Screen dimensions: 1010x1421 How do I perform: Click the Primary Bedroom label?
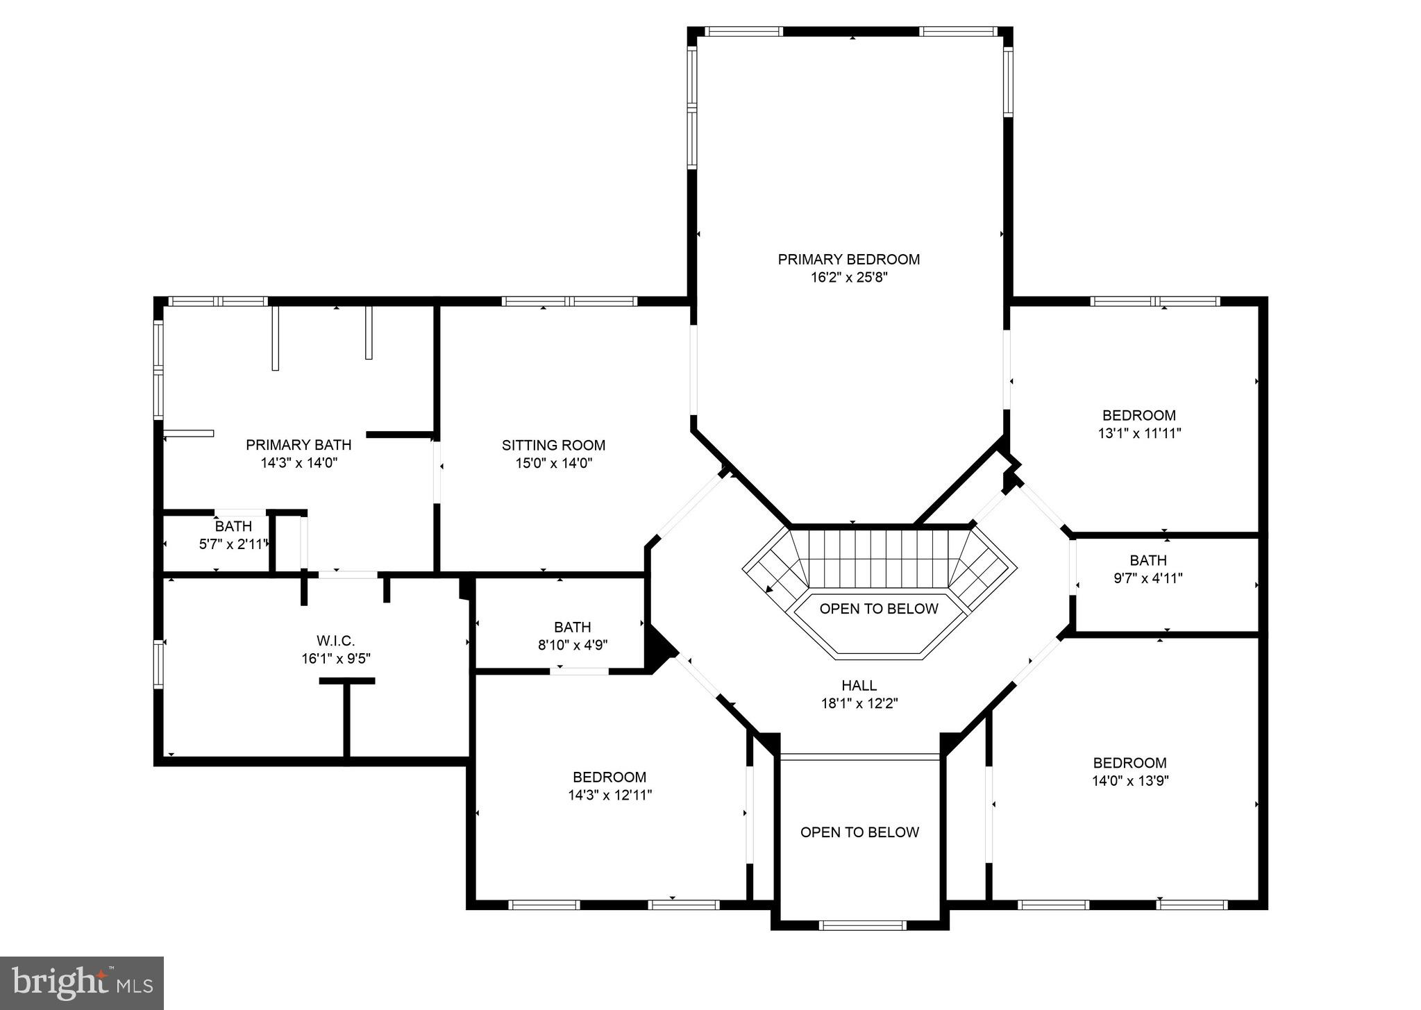coord(848,260)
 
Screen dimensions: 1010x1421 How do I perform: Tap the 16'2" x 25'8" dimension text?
coord(848,278)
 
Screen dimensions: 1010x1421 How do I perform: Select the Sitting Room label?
coord(553,445)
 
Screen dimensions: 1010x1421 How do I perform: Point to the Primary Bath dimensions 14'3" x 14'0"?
coord(299,463)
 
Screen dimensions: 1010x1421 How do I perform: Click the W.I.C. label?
coord(335,641)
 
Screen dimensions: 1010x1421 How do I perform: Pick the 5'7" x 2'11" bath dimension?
coord(233,544)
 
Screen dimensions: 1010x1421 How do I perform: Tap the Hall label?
coord(859,686)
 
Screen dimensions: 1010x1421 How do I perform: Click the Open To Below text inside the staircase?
coord(878,609)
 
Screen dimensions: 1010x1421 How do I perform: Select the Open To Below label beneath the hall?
coord(859,832)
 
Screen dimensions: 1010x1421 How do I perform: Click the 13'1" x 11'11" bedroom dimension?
coord(1138,433)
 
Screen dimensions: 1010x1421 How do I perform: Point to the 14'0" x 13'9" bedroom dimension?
coord(1130,780)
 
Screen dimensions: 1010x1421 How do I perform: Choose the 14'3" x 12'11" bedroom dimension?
coord(609,796)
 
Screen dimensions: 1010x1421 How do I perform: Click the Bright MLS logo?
coord(82,983)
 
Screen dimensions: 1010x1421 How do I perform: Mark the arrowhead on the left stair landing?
coord(770,589)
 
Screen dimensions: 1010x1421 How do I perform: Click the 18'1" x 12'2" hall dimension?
coord(859,703)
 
